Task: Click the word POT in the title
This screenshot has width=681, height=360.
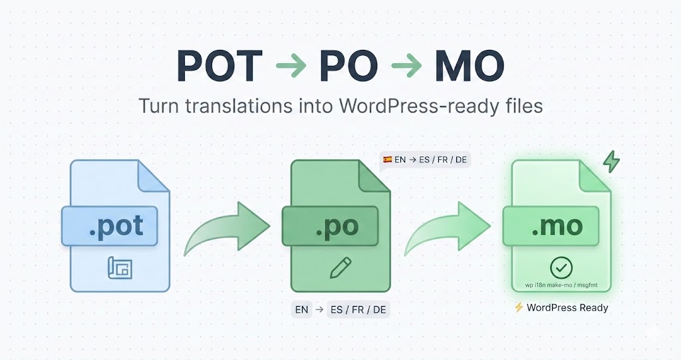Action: pos(219,66)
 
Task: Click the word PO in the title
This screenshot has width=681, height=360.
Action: pos(348,66)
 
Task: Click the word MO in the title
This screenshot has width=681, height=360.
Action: pos(469,66)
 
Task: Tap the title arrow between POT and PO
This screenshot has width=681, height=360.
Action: pos(290,67)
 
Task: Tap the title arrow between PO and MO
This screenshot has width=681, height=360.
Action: pos(406,67)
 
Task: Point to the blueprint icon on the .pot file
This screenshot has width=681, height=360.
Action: pos(120,268)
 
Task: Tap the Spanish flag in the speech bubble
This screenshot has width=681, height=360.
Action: pos(387,160)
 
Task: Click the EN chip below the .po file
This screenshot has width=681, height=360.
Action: pos(301,309)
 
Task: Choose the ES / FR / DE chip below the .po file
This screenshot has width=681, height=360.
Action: pos(358,309)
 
